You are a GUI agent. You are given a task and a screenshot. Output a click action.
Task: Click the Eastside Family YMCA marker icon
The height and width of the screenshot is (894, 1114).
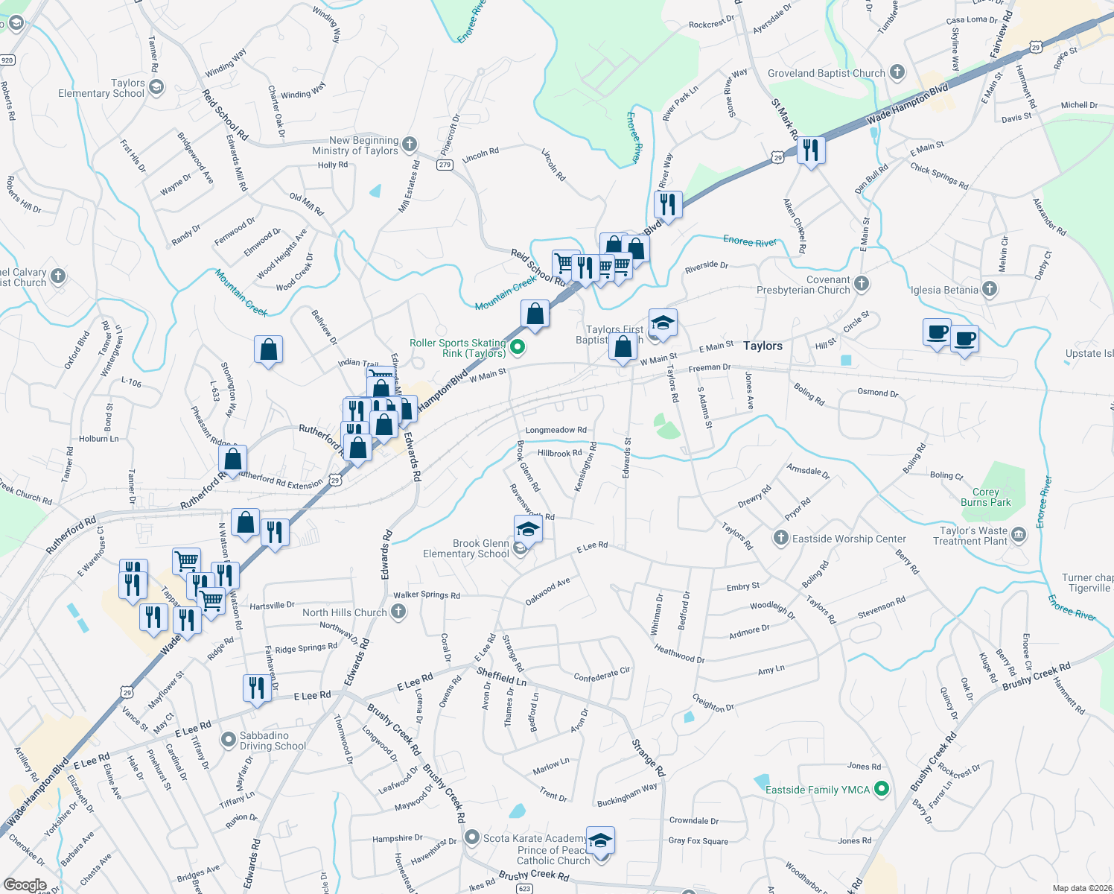click(882, 789)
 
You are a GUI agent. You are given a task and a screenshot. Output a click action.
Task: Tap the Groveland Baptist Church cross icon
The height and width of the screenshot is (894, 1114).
click(897, 73)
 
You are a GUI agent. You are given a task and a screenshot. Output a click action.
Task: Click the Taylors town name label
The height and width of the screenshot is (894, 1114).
click(763, 346)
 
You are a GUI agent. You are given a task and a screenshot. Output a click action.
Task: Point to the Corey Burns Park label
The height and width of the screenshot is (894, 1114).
click(985, 497)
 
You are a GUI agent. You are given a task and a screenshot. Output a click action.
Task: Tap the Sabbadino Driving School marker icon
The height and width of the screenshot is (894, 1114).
click(229, 740)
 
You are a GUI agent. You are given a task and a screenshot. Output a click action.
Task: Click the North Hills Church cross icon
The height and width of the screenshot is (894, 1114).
click(398, 612)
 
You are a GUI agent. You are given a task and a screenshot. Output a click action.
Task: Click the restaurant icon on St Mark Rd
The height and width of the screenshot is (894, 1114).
click(811, 150)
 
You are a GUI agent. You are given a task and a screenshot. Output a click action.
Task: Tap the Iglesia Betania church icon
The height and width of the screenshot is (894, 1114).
click(989, 289)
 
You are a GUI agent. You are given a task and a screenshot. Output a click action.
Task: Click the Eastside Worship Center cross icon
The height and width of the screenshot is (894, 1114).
click(780, 538)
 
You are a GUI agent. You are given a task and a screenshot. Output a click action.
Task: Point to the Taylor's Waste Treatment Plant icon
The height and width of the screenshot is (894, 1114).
click(1019, 535)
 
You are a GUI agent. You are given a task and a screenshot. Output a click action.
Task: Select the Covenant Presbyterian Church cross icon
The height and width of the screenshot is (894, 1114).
click(861, 283)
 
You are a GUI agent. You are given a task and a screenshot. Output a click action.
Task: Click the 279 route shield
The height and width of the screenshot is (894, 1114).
click(445, 165)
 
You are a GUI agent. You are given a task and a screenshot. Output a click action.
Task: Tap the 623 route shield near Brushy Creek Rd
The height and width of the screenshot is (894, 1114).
click(525, 888)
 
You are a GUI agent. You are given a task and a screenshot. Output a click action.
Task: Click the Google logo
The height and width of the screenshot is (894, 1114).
click(25, 886)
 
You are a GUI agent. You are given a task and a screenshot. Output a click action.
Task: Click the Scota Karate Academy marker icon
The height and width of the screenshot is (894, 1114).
click(471, 837)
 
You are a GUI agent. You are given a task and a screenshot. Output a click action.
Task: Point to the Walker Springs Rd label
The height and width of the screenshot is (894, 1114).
click(427, 595)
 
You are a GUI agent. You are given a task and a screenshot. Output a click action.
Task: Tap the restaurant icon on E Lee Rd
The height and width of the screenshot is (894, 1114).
click(256, 688)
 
